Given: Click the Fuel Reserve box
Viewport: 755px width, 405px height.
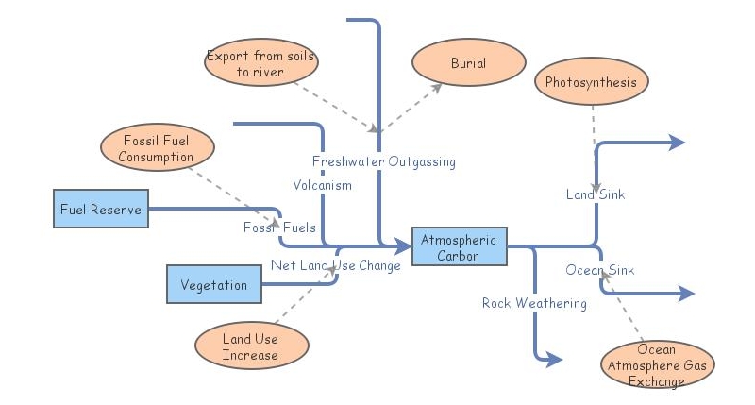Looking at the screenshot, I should (x=101, y=210).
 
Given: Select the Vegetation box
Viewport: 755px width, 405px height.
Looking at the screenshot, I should (x=214, y=285).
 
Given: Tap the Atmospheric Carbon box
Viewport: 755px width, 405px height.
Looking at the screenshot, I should (x=460, y=247).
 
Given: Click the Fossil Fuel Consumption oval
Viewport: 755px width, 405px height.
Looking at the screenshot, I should (x=157, y=149).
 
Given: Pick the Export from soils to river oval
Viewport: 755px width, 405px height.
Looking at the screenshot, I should (x=260, y=63).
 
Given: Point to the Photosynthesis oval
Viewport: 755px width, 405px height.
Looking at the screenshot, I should (x=592, y=82).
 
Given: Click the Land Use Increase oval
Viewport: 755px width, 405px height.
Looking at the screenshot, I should (x=251, y=346).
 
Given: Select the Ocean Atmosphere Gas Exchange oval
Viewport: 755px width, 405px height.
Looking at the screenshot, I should (x=657, y=365).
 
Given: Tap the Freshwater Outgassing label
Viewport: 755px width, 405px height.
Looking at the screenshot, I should (x=384, y=161).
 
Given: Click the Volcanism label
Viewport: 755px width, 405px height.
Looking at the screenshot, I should (x=322, y=185).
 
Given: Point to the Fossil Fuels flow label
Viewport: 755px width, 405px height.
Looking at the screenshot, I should (x=279, y=228).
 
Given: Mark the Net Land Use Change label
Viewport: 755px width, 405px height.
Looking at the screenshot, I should (x=336, y=265).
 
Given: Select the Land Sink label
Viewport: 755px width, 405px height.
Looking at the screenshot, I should (x=596, y=194).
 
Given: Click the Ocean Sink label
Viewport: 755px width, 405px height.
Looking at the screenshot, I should (x=600, y=270).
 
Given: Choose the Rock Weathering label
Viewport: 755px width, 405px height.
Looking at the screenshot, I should (x=534, y=303).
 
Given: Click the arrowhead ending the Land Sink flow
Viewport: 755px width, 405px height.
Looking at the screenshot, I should (x=677, y=143).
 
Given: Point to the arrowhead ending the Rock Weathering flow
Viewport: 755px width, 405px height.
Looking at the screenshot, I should (x=554, y=360).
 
